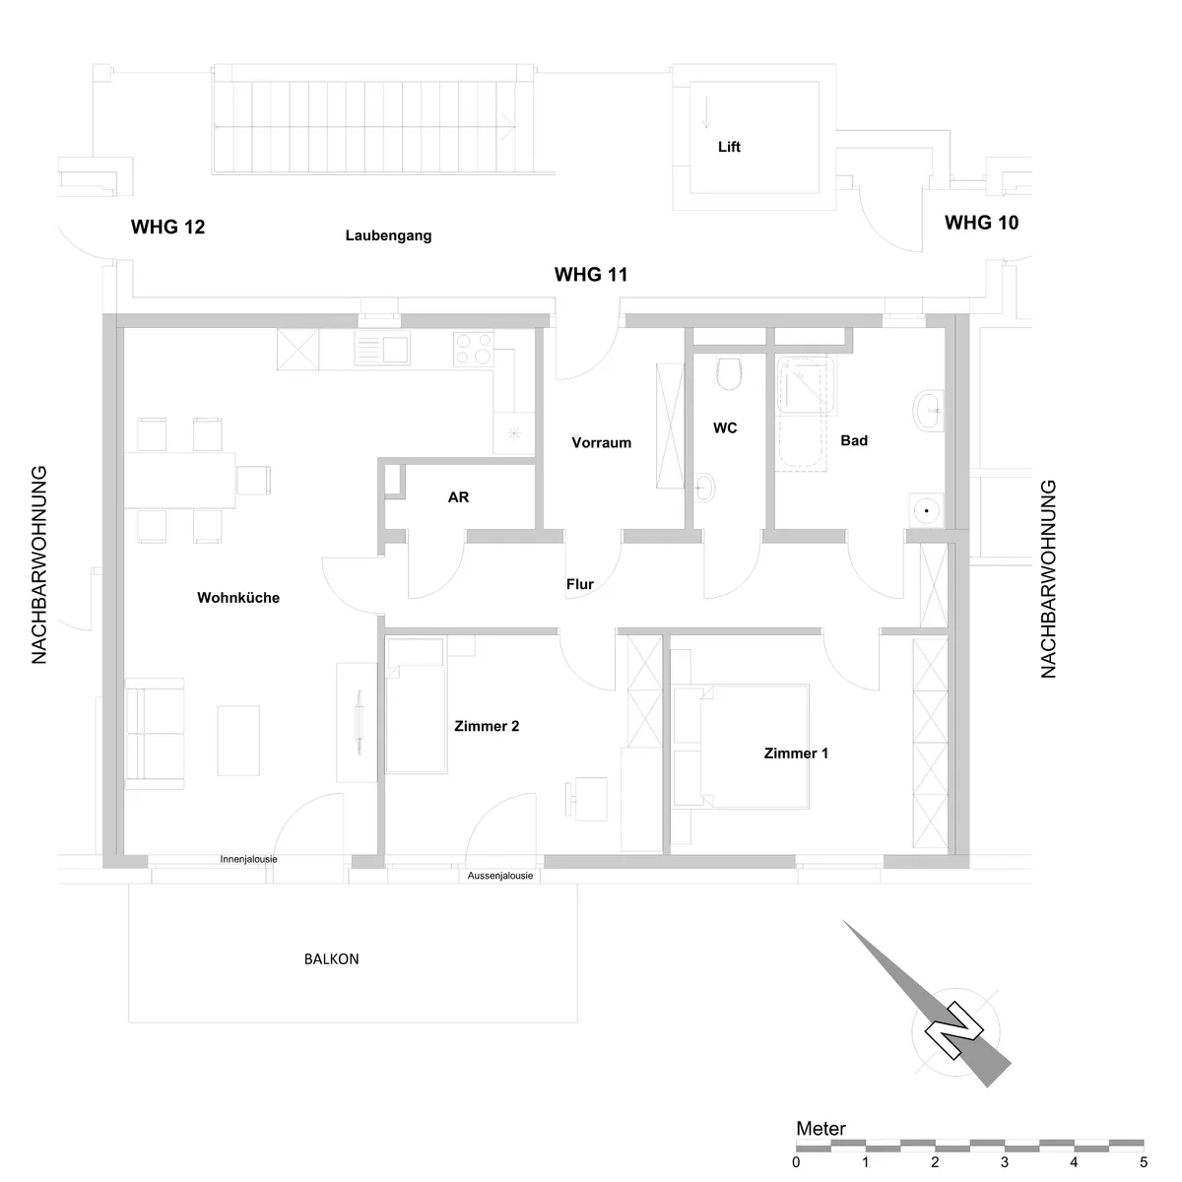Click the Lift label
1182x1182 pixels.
click(729, 147)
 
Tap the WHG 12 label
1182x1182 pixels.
click(167, 227)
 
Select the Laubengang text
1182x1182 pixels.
click(388, 235)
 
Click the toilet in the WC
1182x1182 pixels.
click(729, 374)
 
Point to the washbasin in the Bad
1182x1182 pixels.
click(929, 411)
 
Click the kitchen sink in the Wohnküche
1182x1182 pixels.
click(382, 349)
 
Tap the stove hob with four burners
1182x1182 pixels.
click(474, 349)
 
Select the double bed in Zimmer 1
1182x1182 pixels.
click(741, 746)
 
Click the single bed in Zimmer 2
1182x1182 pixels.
click(416, 705)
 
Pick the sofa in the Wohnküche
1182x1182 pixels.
click(155, 734)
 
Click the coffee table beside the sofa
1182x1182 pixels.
click(238, 741)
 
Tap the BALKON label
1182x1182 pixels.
click(331, 958)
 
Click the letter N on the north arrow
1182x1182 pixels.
click(953, 1031)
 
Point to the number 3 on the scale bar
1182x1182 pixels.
click(1004, 1161)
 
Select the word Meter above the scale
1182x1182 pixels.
click(821, 1128)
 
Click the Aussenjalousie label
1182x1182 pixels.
click(500, 876)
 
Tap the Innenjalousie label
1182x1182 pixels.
click(248, 859)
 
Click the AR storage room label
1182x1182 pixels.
click(458, 496)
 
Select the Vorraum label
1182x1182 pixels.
click(601, 442)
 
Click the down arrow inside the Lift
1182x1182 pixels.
click(706, 112)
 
